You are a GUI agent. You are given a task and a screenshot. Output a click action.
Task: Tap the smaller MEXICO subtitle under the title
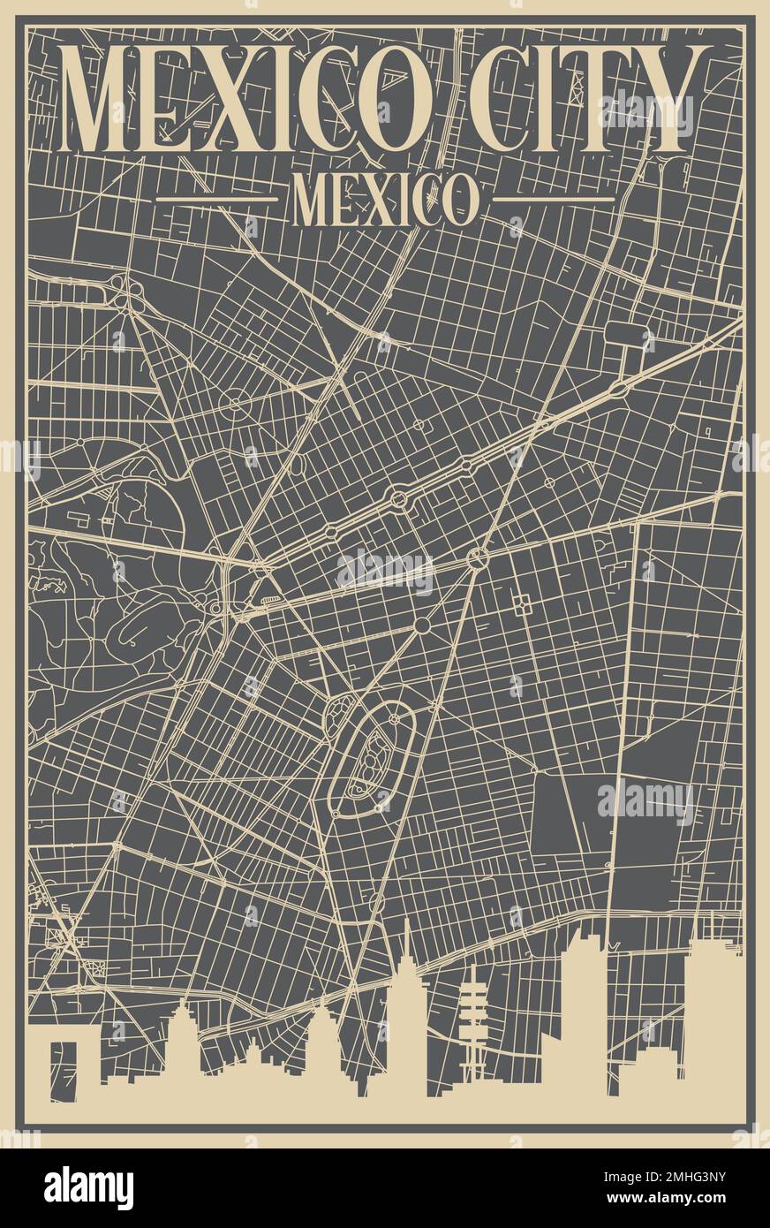point(385,200)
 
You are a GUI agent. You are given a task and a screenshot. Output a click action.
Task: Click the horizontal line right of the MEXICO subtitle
point(553,199)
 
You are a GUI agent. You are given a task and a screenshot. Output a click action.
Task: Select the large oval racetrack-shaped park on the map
point(371,760)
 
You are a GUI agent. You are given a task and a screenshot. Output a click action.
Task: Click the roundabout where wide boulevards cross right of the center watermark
point(478,557)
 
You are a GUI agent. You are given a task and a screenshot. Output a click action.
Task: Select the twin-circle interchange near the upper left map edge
point(129,292)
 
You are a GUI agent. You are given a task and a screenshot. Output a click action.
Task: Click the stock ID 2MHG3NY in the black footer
point(698,1174)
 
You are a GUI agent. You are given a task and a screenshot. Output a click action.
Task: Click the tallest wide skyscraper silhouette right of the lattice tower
point(583,1007)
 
